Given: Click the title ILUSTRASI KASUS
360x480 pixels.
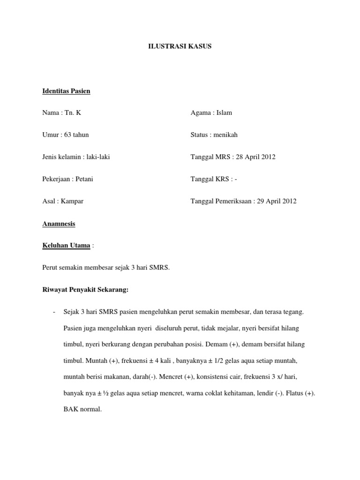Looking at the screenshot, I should pyautogui.click(x=180, y=46).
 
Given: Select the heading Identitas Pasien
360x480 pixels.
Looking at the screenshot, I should pyautogui.click(x=66, y=91).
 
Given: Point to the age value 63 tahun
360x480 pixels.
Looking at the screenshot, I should pyautogui.click(x=75, y=135).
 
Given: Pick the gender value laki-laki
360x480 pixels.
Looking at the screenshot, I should pyautogui.click(x=97, y=157).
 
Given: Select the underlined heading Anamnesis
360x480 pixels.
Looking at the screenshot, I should pyautogui.click(x=59, y=224).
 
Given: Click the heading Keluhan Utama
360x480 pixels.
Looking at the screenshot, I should pyautogui.click(x=66, y=246).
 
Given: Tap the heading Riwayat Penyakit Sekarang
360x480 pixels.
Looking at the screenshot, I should pyautogui.click(x=85, y=290).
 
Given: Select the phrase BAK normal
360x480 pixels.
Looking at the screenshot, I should pyautogui.click(x=82, y=409).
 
